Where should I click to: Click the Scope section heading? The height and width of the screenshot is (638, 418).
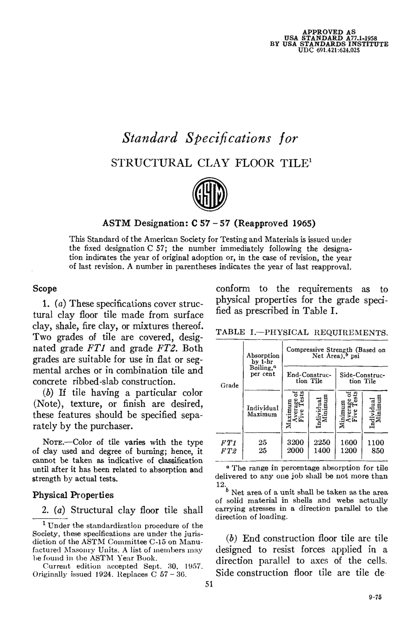click(45, 289)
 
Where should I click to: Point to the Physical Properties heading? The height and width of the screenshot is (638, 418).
click(73, 495)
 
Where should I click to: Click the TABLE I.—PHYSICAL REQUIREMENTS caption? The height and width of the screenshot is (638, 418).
click(301, 332)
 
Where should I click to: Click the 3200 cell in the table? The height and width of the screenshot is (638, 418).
click(295, 443)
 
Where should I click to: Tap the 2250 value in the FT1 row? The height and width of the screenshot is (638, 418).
click(322, 443)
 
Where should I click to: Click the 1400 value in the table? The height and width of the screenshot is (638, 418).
click(322, 451)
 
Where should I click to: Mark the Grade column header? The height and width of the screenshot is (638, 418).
click(229, 386)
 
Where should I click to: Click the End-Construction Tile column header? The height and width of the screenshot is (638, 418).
click(309, 378)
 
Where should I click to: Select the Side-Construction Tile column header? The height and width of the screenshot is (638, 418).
click(363, 378)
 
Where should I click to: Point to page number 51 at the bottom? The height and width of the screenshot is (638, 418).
click(209, 584)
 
